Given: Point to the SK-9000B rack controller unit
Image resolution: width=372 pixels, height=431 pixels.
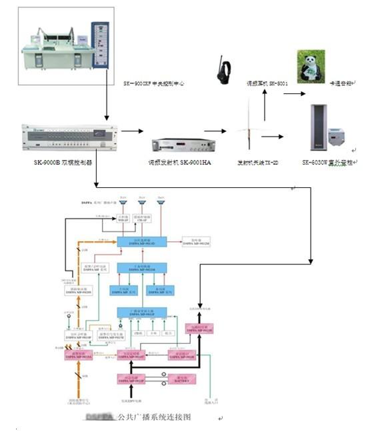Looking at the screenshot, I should point(64,139).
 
